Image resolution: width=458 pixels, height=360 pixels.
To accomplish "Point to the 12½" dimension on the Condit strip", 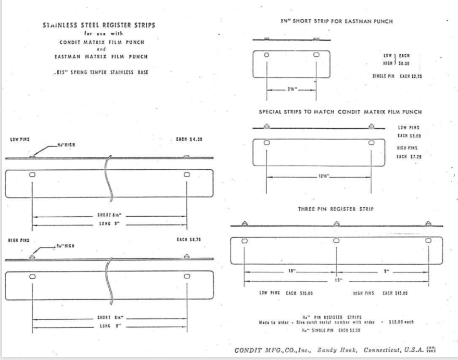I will click(324, 176).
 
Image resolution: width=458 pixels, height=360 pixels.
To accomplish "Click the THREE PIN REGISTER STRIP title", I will click(336, 209).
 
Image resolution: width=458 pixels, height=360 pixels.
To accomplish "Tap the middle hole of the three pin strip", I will click(337, 241).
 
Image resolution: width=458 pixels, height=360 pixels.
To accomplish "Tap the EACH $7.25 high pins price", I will click(409, 156).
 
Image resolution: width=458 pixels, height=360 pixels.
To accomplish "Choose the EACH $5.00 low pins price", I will click(409, 135).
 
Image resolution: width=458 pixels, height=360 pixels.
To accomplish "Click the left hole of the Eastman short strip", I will click(267, 55).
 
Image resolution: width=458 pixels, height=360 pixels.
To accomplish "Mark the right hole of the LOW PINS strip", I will click(187, 175).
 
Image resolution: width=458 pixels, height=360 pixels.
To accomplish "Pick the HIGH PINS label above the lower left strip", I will click(19, 241).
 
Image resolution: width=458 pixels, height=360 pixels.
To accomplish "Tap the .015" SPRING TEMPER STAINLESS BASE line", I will click(101, 72).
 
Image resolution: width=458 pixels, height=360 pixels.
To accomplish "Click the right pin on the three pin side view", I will click(428, 224).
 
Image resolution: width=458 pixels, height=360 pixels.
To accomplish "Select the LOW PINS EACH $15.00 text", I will click(286, 293).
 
